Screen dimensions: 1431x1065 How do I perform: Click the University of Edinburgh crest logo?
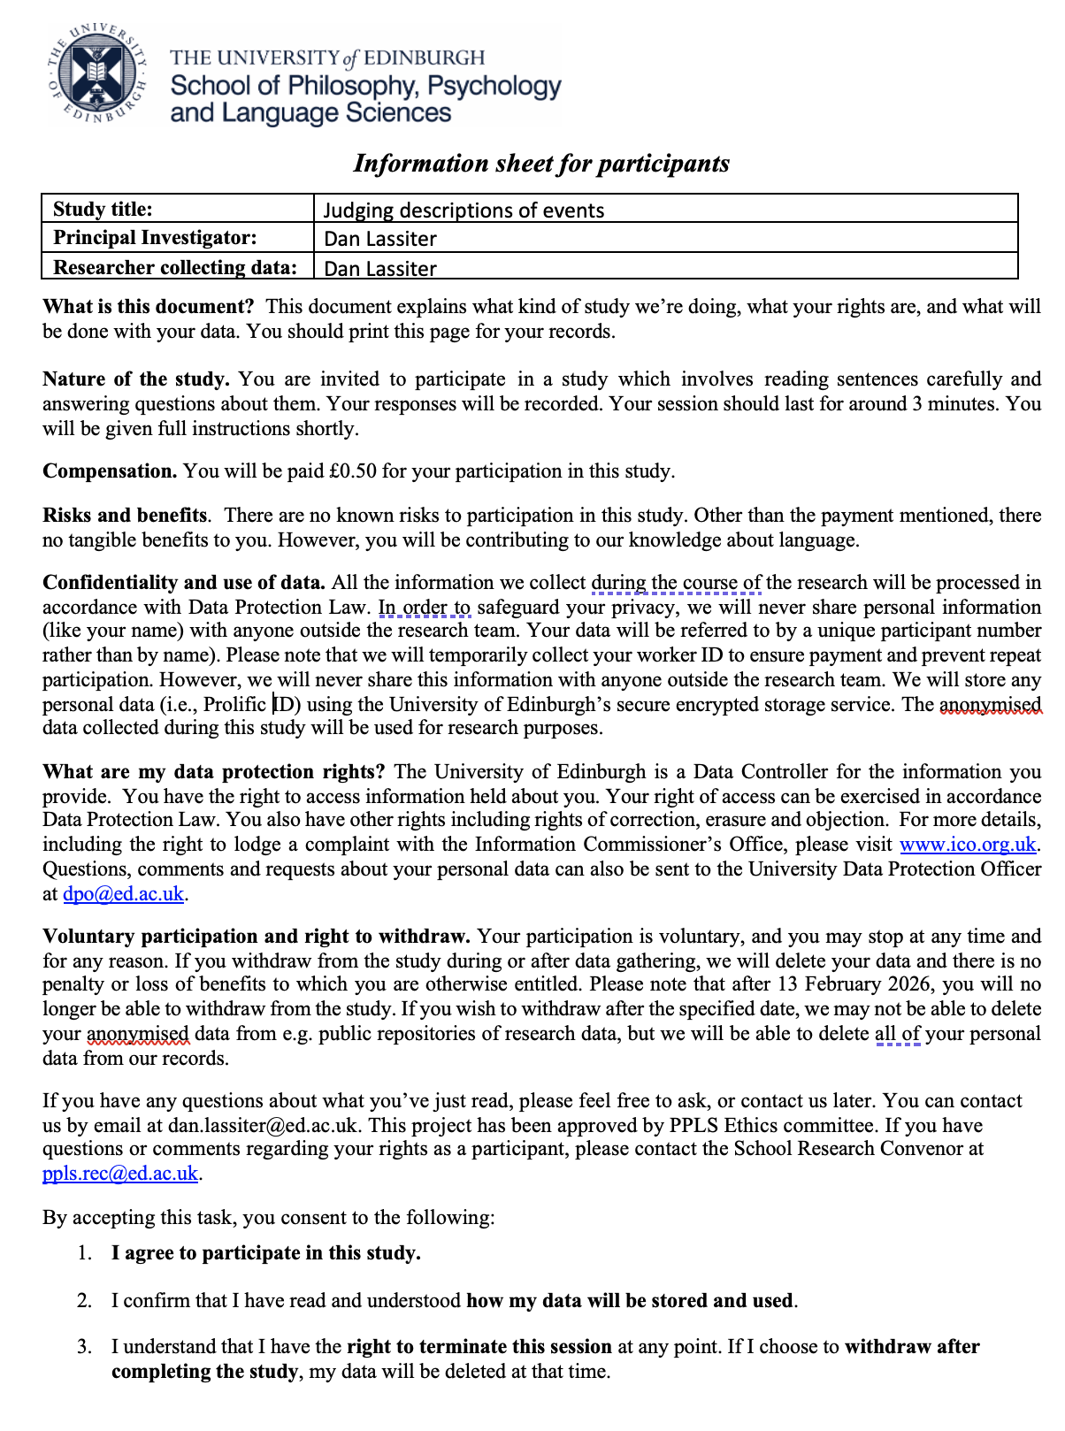pyautogui.click(x=97, y=74)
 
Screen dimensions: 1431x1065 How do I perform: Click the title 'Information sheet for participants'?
pyautogui.click(x=541, y=164)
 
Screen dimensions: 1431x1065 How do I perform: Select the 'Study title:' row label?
pyautogui.click(x=103, y=210)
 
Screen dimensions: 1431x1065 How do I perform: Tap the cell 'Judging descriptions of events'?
pyautogui.click(x=464, y=210)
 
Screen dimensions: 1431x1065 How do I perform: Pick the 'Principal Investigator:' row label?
pyautogui.click(x=155, y=238)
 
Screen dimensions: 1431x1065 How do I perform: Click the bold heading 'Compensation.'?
pyautogui.click(x=110, y=471)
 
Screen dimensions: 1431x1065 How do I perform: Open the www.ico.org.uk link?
pyautogui.click(x=967, y=845)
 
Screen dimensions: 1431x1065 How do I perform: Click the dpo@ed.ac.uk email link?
pyautogui.click(x=123, y=894)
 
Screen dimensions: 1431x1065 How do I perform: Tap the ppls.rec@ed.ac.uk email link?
pyautogui.click(x=120, y=1174)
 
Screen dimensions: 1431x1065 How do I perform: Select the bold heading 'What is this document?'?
pyautogui.click(x=148, y=307)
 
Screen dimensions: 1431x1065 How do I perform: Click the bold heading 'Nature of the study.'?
pyautogui.click(x=136, y=379)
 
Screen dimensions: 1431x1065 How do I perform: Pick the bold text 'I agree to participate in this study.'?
pyautogui.click(x=265, y=1253)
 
